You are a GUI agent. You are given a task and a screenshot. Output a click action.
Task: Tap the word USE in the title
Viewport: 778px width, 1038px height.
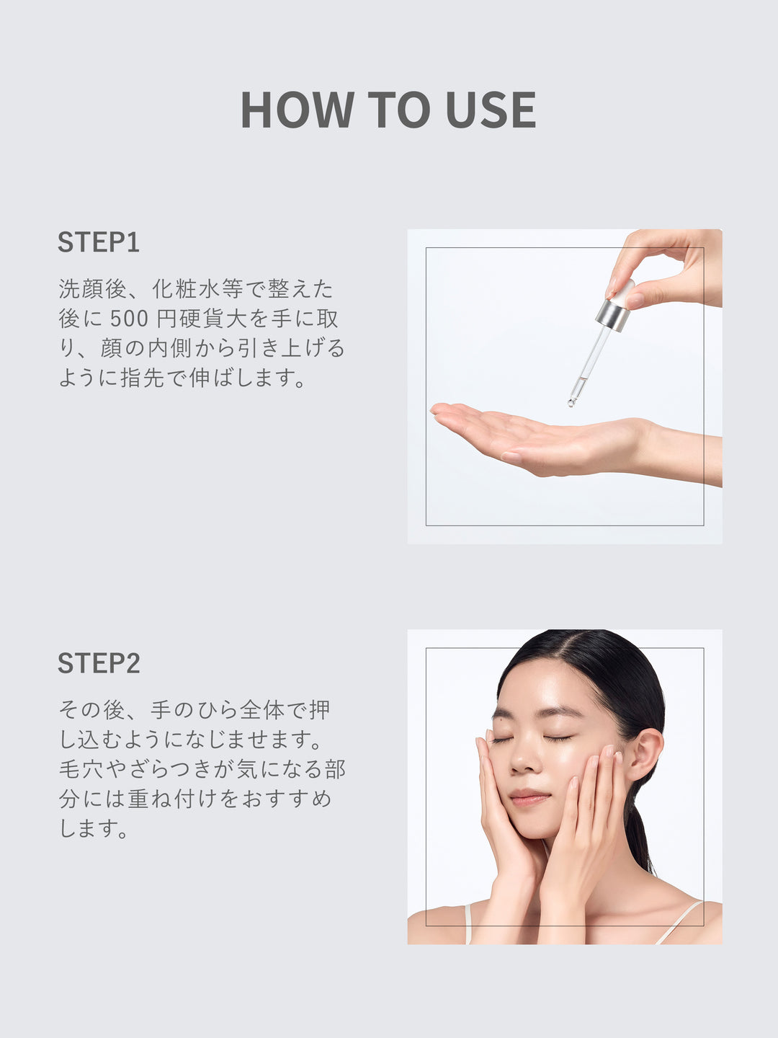point(491,110)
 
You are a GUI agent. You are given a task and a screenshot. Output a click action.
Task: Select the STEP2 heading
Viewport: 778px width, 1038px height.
point(99,662)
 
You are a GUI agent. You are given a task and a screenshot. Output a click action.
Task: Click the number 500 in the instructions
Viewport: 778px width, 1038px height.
point(129,319)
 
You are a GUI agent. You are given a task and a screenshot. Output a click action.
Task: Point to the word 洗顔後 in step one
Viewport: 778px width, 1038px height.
point(93,288)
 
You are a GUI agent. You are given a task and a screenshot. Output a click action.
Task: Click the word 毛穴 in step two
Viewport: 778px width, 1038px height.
point(81,769)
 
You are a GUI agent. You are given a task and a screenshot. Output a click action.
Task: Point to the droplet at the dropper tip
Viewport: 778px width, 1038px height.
point(571,402)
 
